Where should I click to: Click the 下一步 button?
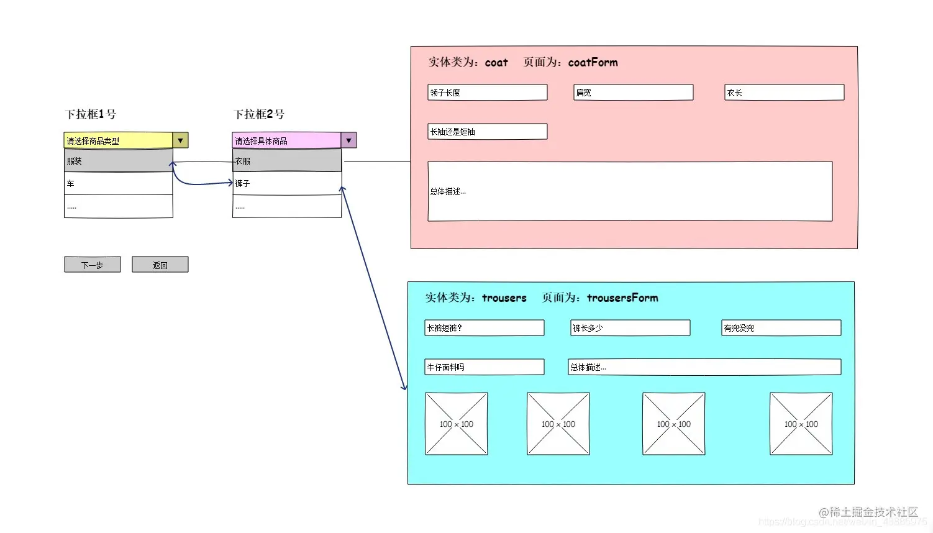(93, 265)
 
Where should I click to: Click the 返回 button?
(160, 265)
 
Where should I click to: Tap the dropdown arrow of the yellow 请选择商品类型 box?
(180, 140)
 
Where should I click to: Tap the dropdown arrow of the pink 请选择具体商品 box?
(348, 140)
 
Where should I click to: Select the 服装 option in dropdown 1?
(118, 161)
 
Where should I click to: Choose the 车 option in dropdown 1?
(118, 183)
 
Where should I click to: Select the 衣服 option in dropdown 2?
(286, 161)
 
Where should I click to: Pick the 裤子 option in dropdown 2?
(286, 183)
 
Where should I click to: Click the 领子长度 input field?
(488, 93)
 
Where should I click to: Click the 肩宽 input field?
(633, 93)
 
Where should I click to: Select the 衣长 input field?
(784, 93)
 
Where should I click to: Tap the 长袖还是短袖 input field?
(488, 132)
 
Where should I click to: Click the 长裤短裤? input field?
(485, 328)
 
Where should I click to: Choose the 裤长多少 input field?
(630, 328)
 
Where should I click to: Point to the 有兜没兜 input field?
(781, 328)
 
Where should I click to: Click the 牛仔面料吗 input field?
(485, 367)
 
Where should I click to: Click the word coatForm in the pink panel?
(593, 62)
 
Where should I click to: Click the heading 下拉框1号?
(91, 114)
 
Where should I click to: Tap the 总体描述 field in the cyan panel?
(704, 367)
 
